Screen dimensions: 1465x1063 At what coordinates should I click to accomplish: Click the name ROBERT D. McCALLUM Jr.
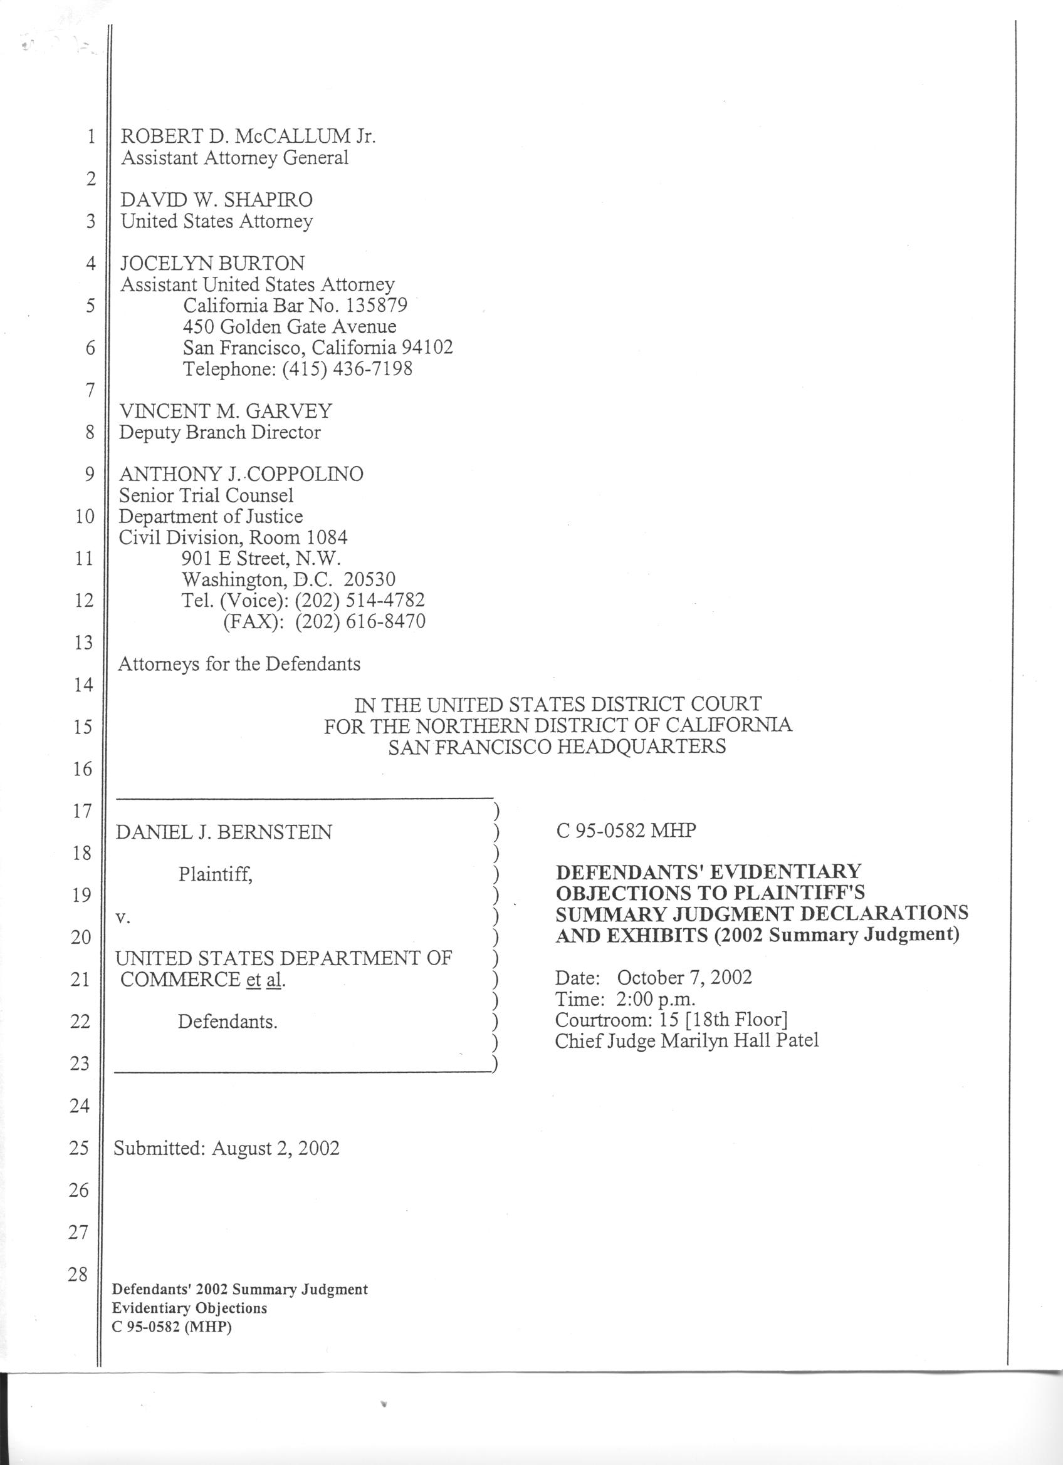pyautogui.click(x=248, y=137)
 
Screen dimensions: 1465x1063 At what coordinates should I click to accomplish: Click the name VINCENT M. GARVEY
pyautogui.click(x=226, y=411)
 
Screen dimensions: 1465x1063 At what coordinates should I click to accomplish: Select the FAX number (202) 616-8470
pyautogui.click(x=360, y=621)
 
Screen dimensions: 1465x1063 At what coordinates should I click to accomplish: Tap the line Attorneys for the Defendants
pyautogui.click(x=238, y=664)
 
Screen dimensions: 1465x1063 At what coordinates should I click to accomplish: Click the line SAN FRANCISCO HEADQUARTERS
pyautogui.click(x=557, y=747)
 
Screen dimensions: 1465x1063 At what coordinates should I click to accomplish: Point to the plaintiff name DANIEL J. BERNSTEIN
pyautogui.click(x=224, y=832)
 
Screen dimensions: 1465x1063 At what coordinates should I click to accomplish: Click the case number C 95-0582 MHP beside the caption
pyautogui.click(x=626, y=831)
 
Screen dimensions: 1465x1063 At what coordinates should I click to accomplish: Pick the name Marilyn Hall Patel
pyautogui.click(x=739, y=1040)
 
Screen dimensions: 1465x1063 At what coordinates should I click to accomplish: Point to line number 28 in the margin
pyautogui.click(x=78, y=1275)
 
